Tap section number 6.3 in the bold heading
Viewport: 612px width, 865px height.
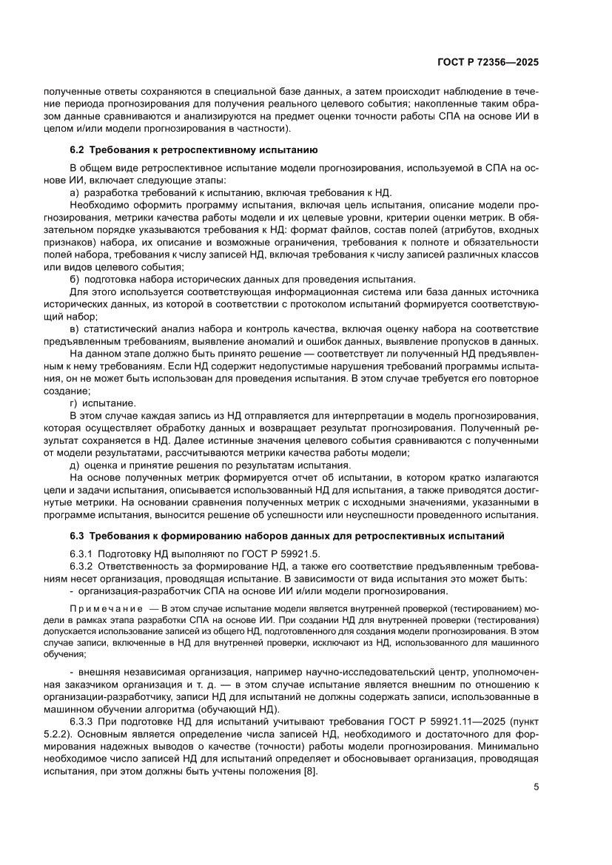point(77,535)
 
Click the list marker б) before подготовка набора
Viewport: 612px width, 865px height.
point(75,279)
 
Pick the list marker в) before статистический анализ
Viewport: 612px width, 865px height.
point(75,329)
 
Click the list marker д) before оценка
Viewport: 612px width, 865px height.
point(75,465)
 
